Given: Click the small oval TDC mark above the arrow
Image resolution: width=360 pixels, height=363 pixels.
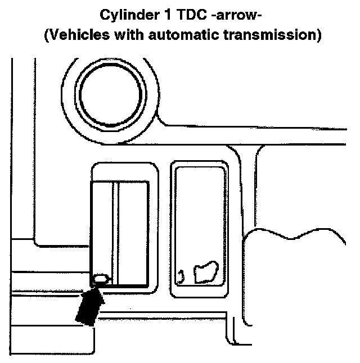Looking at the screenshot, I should (100, 278).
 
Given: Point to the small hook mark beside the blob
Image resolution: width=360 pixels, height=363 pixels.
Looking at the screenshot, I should (181, 276).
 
